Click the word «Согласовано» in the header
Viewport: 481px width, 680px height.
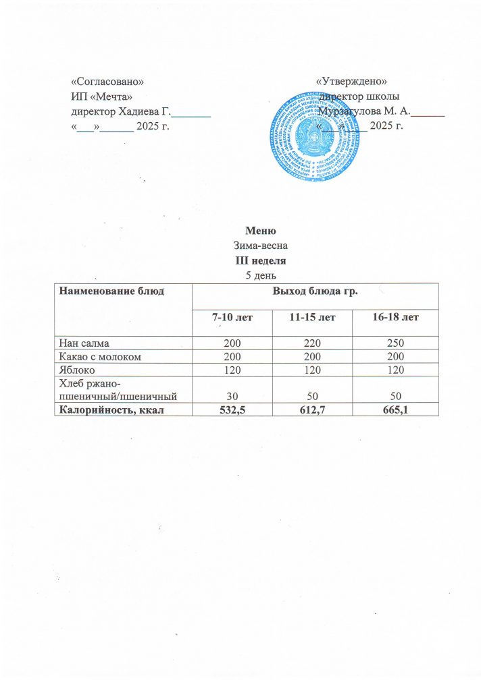point(107,82)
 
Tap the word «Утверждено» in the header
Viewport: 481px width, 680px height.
point(351,82)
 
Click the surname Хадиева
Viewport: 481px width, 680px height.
point(141,111)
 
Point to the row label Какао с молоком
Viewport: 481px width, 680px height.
point(101,356)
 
